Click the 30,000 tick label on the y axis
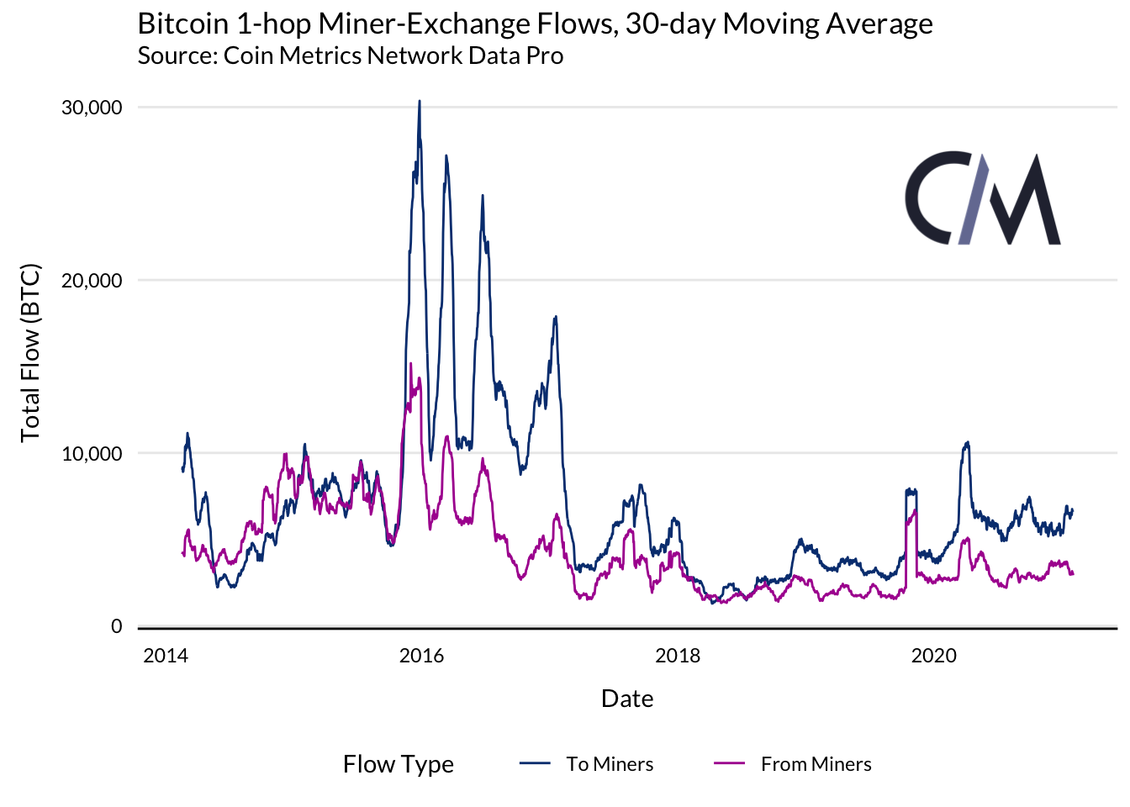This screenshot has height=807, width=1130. click(92, 108)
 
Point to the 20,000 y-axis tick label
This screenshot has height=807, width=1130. click(92, 281)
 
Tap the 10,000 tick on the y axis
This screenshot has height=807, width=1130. click(92, 454)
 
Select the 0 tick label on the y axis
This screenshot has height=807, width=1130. click(117, 627)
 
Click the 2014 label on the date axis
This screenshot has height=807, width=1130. click(166, 657)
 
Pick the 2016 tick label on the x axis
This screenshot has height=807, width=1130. click(421, 657)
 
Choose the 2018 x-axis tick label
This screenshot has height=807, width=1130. click(678, 657)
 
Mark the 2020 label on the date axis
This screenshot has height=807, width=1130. click(934, 657)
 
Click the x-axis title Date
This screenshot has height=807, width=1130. click(627, 699)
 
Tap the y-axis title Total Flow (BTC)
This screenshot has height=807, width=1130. click(31, 353)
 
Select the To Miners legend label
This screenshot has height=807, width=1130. click(610, 764)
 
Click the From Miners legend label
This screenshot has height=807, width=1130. click(816, 764)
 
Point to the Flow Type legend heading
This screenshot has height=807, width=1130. click(399, 764)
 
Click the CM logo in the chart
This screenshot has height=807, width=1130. click(983, 199)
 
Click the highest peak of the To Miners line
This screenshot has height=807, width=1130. click(420, 102)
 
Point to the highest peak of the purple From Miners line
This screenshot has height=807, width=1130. click(410, 364)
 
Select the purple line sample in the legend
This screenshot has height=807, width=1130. click(729, 763)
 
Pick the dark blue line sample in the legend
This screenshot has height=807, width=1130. click(535, 763)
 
